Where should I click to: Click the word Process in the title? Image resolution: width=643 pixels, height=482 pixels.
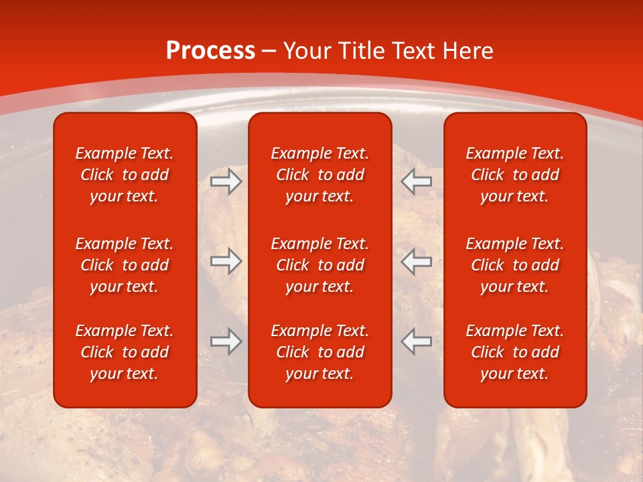[210, 51]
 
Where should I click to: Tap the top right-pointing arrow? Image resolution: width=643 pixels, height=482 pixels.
[226, 181]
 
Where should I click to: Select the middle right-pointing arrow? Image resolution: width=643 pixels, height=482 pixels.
[226, 261]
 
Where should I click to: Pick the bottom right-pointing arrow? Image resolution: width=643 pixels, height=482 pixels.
[226, 341]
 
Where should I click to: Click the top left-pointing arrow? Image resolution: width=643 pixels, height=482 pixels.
[417, 181]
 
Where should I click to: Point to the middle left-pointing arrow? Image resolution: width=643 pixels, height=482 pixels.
[417, 261]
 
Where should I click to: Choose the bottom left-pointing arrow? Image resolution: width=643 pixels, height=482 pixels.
[417, 341]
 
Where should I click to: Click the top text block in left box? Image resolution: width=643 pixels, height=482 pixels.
[125, 175]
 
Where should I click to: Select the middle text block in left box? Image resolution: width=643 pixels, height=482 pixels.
[125, 265]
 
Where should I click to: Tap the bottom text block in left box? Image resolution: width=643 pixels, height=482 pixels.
[125, 352]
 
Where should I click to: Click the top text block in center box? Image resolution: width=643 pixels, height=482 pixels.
[320, 175]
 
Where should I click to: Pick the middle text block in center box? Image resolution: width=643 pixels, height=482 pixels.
[320, 265]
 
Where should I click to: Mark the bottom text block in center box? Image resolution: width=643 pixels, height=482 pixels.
[320, 352]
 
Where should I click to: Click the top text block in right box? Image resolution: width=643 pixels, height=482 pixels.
[515, 175]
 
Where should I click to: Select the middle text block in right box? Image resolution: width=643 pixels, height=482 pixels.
[515, 265]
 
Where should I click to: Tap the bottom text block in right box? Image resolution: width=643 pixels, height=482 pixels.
[515, 352]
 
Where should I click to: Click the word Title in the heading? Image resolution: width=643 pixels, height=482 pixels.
[358, 51]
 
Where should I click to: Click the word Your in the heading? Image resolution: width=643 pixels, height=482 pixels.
[307, 51]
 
